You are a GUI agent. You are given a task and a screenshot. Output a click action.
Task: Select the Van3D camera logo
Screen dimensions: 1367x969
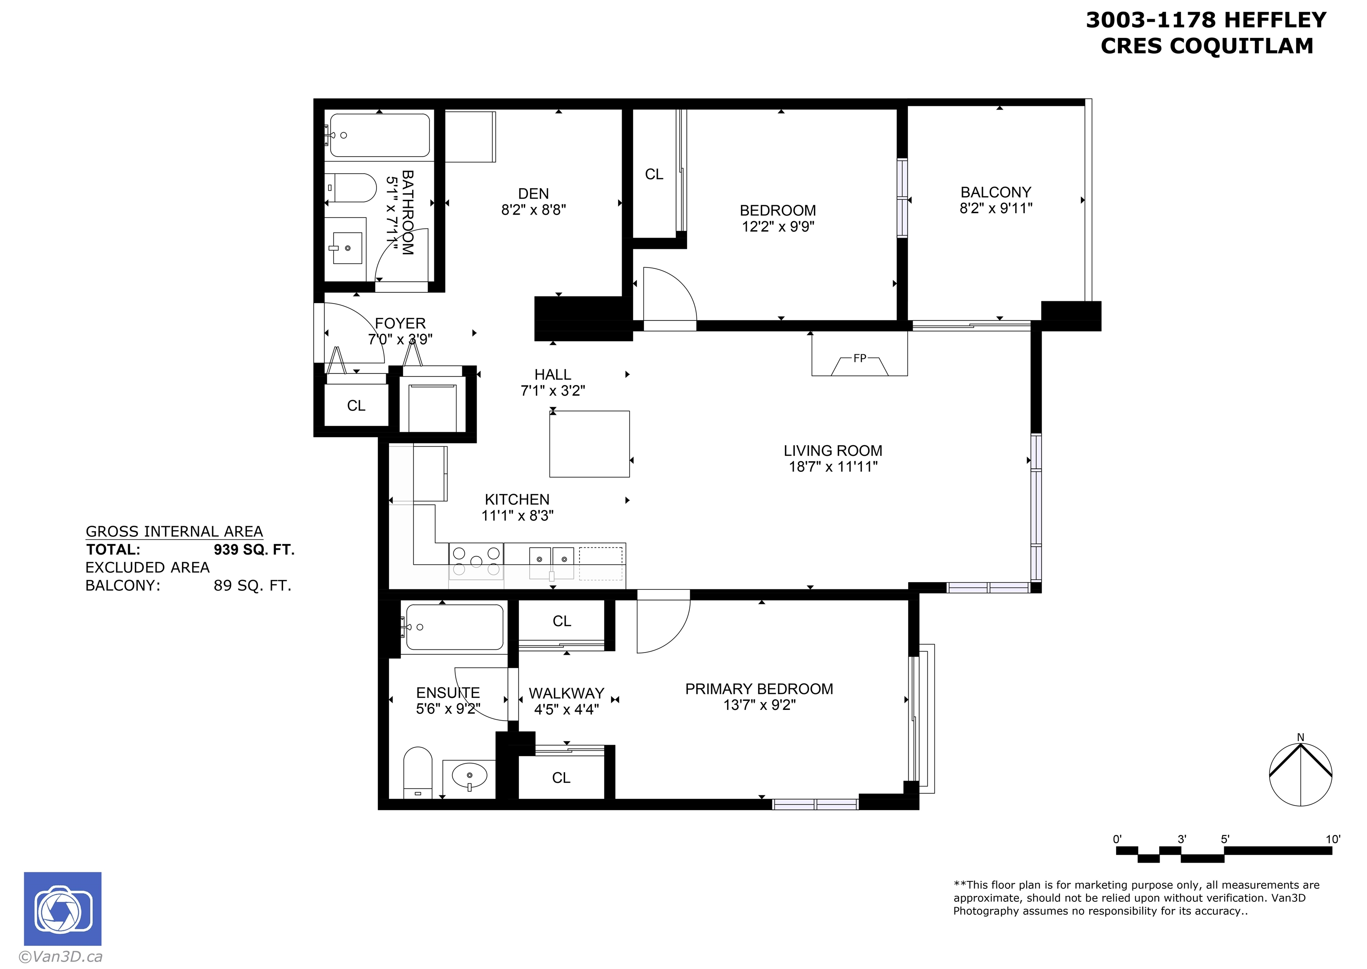pos(63,909)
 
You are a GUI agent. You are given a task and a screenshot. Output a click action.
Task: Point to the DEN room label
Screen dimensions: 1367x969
pos(533,194)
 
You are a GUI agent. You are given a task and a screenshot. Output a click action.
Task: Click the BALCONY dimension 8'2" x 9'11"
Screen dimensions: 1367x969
pos(996,208)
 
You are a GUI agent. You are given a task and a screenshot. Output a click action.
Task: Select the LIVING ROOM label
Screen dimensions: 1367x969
pos(833,451)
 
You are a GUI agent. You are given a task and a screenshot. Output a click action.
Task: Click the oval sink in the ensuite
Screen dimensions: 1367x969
pos(470,776)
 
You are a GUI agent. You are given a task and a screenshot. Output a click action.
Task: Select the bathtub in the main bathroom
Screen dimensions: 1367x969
pos(380,135)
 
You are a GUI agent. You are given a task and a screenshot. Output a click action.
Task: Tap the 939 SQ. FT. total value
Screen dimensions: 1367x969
pos(254,550)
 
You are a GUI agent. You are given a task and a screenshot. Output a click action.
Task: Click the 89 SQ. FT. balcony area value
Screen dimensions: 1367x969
pos(252,586)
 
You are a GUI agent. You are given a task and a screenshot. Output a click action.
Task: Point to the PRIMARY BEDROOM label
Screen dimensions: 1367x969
pos(759,689)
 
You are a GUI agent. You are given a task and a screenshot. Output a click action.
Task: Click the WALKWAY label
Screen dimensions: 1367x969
pos(566,693)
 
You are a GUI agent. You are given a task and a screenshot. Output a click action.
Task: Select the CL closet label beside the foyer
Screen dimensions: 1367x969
pos(356,406)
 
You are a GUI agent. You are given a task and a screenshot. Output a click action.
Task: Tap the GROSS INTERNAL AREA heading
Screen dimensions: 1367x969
pos(174,531)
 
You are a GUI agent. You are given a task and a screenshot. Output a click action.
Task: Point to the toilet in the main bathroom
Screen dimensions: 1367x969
pos(352,188)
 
